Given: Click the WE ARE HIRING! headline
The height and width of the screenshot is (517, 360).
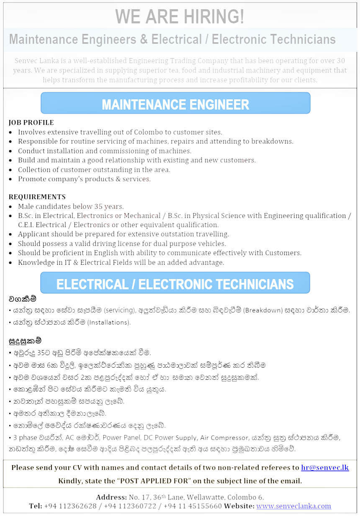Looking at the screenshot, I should coord(180,17).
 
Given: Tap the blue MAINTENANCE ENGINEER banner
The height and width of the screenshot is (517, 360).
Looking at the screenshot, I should coord(175,104).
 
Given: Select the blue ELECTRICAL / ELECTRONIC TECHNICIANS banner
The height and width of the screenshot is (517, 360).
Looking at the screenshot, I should coord(175,284).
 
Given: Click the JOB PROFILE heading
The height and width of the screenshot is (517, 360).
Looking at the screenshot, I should coord(31,123).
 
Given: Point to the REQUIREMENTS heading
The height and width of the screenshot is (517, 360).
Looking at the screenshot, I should coord(37,197).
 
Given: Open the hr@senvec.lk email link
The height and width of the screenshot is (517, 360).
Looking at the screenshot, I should coord(325,468).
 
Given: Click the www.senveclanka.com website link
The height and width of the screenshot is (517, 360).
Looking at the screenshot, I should coord(293,506).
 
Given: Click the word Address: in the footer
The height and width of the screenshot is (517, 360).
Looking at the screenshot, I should coord(111,497).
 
